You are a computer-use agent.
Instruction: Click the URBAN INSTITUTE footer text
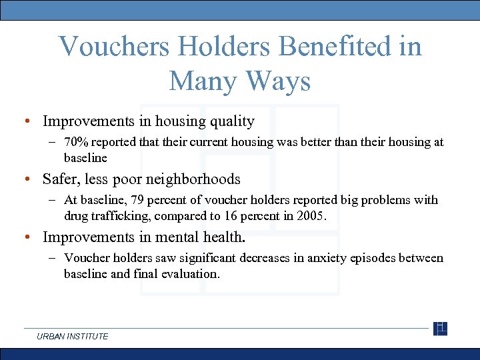click(73, 336)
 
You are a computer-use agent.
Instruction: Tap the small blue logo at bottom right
click(440, 329)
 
